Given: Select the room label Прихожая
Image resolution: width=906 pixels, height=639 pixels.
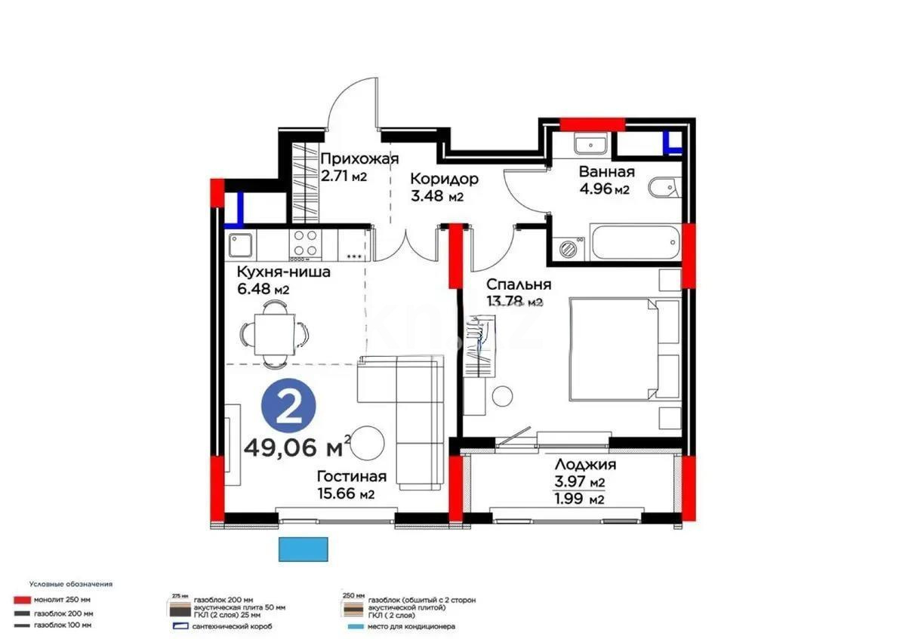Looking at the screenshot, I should click(x=359, y=158).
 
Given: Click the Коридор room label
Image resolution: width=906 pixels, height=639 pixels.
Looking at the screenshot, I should click(x=444, y=179).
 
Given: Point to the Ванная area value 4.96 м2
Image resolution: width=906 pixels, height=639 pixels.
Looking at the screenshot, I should click(x=604, y=189).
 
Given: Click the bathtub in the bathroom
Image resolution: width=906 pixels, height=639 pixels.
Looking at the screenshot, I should click(x=635, y=242).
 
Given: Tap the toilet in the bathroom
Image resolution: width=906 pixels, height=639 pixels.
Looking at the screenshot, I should click(x=665, y=188).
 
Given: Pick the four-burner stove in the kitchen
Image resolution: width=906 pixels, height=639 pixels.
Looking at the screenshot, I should click(x=304, y=242).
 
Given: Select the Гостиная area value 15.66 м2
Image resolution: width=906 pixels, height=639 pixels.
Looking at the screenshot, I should click(x=346, y=494).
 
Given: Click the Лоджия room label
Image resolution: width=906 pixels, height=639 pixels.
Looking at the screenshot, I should click(x=585, y=465).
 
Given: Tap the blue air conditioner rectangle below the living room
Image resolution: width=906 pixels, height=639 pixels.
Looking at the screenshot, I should click(x=304, y=548).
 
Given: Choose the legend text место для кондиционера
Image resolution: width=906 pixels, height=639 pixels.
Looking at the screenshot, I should click(x=410, y=626).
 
